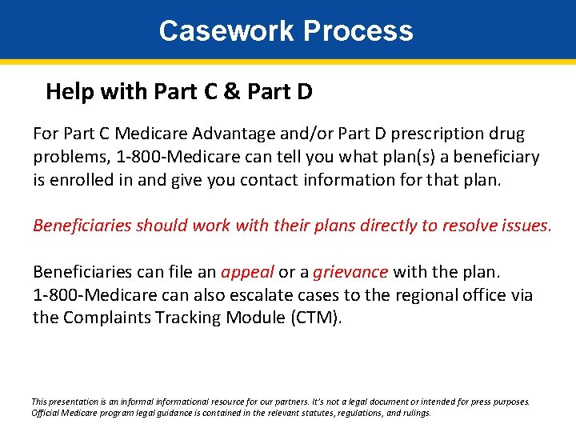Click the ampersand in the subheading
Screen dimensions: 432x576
[x=233, y=92]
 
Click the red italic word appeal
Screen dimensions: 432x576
[x=248, y=272]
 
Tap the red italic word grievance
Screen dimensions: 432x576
[x=350, y=272]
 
